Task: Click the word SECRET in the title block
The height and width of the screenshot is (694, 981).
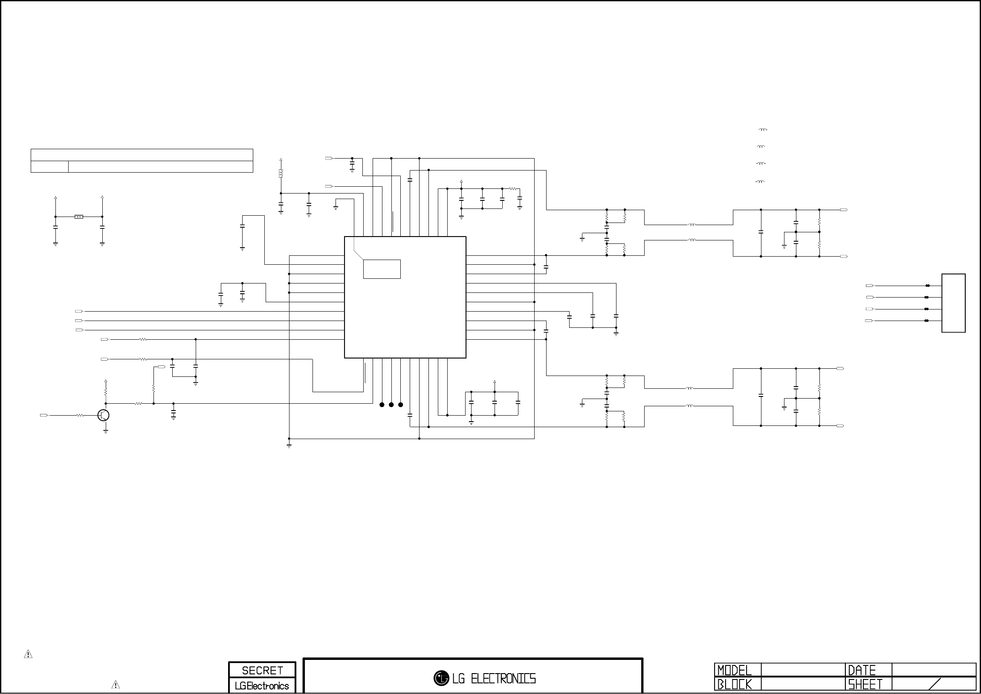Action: tap(262, 671)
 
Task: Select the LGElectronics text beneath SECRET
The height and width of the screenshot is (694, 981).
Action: tap(262, 686)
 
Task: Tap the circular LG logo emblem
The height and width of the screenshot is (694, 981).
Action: tap(441, 678)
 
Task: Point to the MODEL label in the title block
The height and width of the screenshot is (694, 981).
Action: tap(734, 670)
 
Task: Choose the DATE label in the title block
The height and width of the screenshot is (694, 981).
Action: tap(862, 670)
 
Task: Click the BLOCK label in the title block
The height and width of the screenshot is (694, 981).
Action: tap(734, 685)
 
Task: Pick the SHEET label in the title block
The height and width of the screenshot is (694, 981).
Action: tap(865, 685)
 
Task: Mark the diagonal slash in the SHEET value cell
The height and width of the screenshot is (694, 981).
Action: tap(935, 684)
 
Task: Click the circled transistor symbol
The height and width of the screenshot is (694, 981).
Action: tap(104, 415)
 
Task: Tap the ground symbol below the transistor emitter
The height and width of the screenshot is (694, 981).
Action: tap(106, 431)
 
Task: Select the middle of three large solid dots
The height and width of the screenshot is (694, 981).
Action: tap(391, 405)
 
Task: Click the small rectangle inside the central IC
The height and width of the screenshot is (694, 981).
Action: tap(382, 269)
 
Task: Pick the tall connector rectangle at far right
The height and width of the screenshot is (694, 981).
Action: tap(954, 303)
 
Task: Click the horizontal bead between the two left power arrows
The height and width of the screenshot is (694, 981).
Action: tap(78, 217)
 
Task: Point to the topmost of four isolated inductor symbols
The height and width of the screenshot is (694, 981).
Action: tap(763, 130)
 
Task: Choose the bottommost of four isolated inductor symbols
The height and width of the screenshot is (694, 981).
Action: tap(760, 182)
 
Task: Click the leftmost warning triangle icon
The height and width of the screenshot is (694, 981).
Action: tap(28, 654)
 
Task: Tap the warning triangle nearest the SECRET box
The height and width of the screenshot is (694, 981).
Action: tap(116, 685)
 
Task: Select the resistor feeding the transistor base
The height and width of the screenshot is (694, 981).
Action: tap(80, 415)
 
